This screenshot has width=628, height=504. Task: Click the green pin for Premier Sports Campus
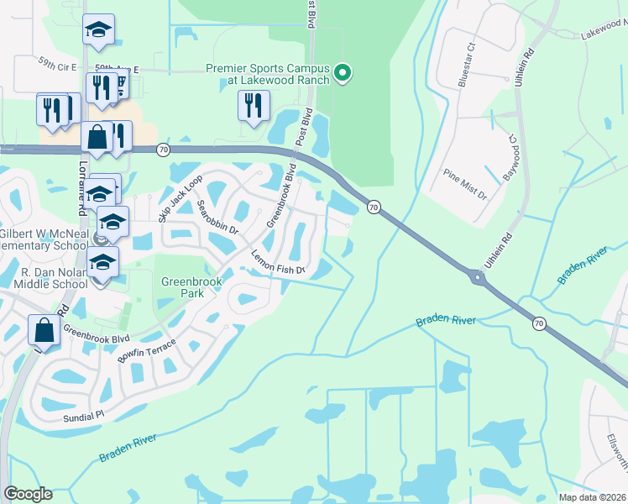click(x=343, y=73)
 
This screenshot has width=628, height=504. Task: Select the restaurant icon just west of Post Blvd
click(x=252, y=106)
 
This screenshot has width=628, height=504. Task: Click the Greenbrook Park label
click(x=184, y=289)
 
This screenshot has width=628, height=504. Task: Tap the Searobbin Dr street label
click(x=217, y=217)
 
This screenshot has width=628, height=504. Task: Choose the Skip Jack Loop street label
click(x=181, y=199)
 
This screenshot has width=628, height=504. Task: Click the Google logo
click(x=28, y=494)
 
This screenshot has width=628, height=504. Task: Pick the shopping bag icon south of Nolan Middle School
click(x=44, y=331)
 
